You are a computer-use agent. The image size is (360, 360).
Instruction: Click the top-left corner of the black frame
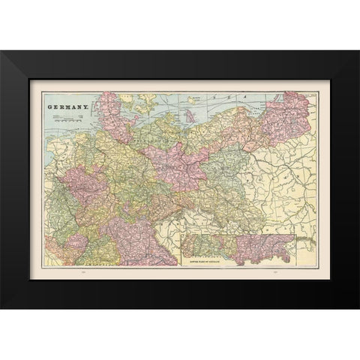1,51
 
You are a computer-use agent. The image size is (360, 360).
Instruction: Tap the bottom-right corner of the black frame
358,308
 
